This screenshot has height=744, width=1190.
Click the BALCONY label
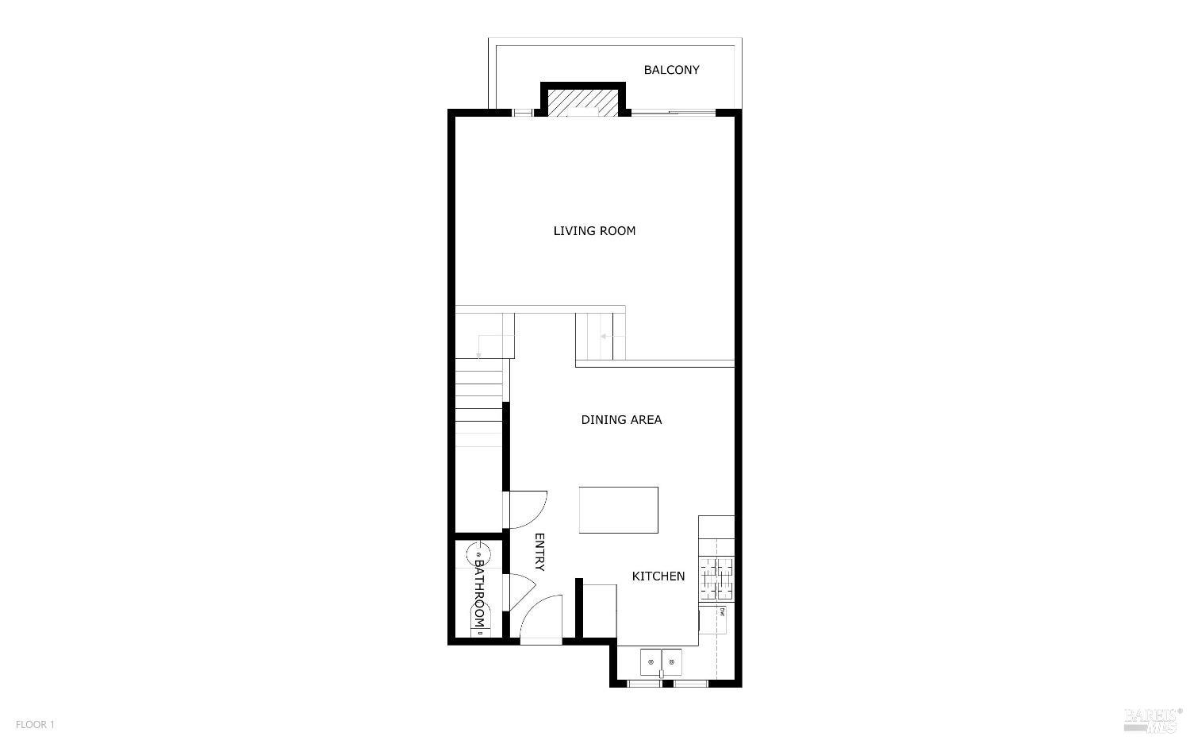(671, 70)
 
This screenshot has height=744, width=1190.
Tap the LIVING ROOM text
(594, 231)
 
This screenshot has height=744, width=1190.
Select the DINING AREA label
(621, 420)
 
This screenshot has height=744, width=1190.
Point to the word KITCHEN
(658, 576)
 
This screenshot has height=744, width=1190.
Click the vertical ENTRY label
(539, 552)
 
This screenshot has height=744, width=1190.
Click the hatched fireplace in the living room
(583, 102)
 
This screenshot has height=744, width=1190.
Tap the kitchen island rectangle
(618, 510)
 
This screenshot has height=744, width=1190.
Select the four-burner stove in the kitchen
(717, 578)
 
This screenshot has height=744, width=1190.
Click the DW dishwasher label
(723, 611)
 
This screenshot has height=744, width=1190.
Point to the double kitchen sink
(661, 661)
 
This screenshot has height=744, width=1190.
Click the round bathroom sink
(478, 553)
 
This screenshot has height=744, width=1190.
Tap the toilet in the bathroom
(479, 624)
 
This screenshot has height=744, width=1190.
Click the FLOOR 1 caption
(35, 725)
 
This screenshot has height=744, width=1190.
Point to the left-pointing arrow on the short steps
(606, 337)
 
